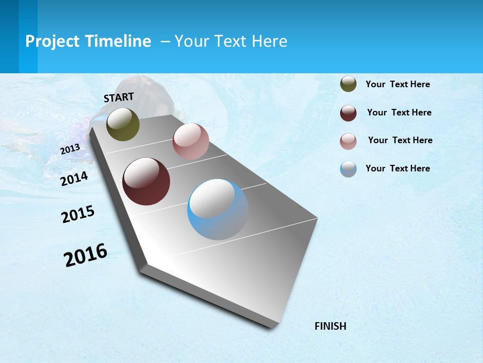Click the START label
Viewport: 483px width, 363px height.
pos(119,97)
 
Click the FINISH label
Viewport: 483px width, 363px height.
pos(331,326)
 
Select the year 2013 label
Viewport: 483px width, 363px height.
pos(70,149)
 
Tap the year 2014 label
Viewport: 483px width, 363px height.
pos(74,178)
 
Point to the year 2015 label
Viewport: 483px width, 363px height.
pos(78,214)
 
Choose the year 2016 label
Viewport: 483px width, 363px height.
pos(86,255)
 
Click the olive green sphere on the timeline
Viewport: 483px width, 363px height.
pos(123,125)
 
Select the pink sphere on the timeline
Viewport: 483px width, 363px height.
pos(191,141)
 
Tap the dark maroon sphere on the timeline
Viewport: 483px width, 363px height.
pos(146,181)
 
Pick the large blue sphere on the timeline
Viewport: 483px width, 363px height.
pos(218,209)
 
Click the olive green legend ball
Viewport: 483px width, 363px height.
pos(348,84)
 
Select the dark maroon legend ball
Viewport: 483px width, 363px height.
pos(348,113)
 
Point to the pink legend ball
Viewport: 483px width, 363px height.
pos(348,142)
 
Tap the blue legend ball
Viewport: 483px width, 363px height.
pos(348,169)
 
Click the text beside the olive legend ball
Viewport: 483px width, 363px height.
pos(397,84)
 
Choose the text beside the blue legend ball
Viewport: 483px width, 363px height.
pos(397,168)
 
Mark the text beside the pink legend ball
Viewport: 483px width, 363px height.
pos(400,140)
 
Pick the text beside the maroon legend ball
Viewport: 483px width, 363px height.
pos(399,112)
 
